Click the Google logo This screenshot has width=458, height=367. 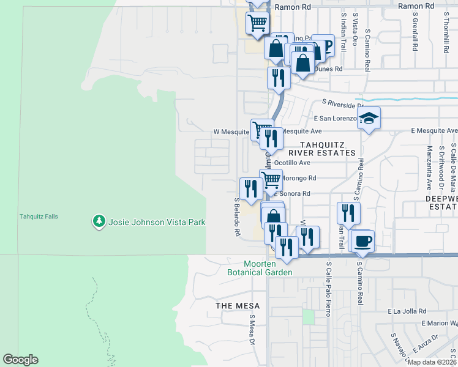[20, 360]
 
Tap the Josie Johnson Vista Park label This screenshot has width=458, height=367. [156, 222]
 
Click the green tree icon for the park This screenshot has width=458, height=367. [98, 221]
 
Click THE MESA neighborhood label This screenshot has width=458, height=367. [238, 306]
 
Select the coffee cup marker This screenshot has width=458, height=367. [362, 240]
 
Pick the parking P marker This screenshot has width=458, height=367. [323, 45]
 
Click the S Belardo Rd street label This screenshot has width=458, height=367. [236, 217]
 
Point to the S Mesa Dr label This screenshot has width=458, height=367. [252, 330]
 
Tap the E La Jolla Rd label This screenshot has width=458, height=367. [410, 311]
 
